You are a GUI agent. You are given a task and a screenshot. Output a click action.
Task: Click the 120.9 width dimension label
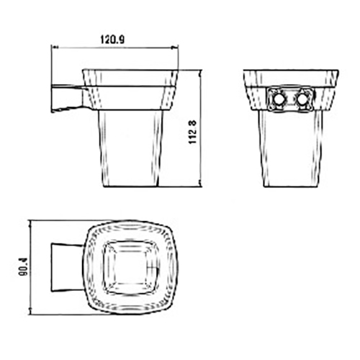click(112, 39)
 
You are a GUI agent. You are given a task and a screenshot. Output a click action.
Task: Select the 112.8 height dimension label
click(193, 132)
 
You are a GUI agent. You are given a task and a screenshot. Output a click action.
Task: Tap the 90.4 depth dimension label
click(24, 266)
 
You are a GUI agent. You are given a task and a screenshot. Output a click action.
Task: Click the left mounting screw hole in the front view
click(279, 99)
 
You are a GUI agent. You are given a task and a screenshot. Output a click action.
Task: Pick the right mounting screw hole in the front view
click(301, 99)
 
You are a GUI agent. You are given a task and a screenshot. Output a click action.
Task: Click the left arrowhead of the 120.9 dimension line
click(55, 48)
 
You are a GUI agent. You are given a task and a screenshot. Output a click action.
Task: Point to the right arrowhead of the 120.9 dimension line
click(175, 48)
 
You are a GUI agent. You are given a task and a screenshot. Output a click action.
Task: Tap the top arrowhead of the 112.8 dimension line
click(201, 73)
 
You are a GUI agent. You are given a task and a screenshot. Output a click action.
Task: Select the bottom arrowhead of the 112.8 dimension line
click(201, 184)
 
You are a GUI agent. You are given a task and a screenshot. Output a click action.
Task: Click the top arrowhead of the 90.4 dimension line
click(30, 224)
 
